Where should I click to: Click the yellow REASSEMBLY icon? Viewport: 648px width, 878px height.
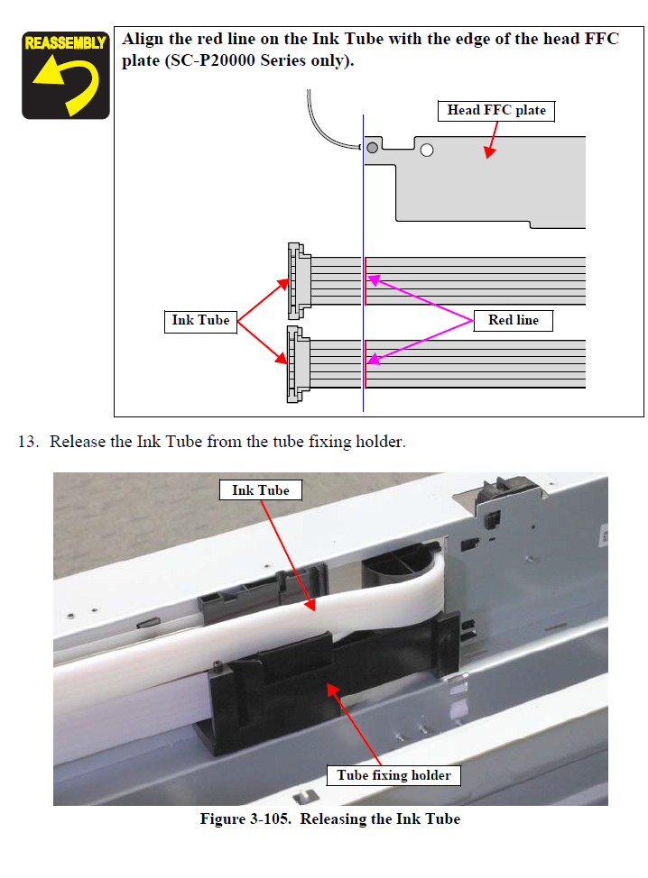65,75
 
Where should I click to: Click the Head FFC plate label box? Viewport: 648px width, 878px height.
496,111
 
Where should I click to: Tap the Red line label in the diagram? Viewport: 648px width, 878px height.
513,320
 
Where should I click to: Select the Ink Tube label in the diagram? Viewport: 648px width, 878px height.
200,320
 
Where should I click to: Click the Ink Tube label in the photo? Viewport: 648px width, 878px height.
260,490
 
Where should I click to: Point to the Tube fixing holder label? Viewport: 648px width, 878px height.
393,775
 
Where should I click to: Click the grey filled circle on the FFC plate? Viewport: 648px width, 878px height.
371,146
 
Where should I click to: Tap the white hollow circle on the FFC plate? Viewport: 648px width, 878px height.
427,150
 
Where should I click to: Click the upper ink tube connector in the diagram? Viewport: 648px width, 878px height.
296,280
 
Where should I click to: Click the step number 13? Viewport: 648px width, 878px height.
29,442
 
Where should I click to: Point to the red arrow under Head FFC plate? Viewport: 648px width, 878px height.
492,141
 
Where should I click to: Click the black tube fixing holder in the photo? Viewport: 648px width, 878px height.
271,694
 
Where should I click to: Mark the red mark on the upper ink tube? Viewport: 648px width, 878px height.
365,280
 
